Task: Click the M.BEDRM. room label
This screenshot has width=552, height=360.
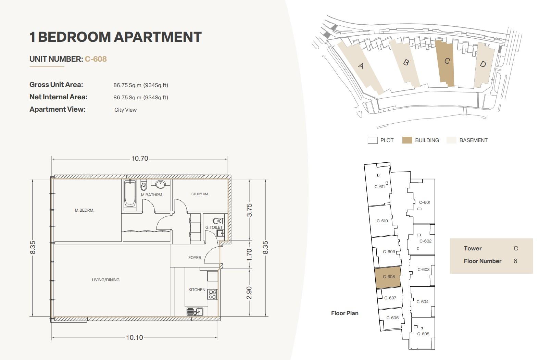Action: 85,210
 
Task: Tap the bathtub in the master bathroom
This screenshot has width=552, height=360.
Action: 130,194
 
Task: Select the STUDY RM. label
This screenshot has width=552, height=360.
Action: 200,194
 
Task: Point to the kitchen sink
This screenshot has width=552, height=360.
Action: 195,312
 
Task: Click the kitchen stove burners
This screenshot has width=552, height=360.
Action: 213,295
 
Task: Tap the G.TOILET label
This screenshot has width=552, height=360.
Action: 214,227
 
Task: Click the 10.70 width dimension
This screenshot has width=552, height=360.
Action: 140,158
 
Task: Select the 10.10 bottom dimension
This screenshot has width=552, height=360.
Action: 135,337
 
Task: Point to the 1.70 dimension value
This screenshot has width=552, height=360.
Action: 249,255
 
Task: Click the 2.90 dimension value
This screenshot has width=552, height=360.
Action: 249,293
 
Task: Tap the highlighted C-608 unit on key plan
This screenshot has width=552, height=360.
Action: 388,277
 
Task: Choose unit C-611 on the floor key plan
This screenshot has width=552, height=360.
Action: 379,187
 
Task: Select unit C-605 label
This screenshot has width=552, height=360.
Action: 423,334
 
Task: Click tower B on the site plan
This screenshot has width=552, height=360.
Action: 406,63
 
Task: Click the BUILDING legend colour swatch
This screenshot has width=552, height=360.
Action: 407,140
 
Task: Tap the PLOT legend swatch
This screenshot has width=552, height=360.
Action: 373,140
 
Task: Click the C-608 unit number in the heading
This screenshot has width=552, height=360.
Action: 96,59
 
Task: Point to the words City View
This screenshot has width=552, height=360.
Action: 125,110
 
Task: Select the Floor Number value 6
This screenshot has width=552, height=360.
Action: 515,261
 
